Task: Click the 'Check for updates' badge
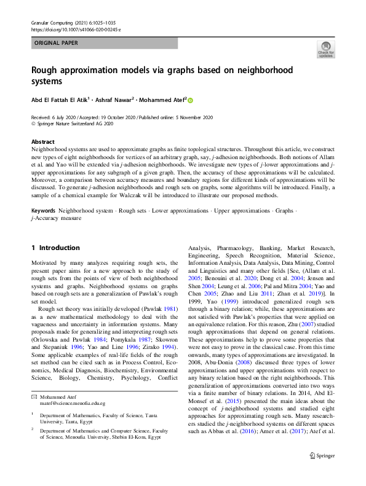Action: coord(326,49)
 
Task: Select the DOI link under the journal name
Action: coord(75,29)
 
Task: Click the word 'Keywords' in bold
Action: coord(42,210)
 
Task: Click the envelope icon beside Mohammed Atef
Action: coord(34,380)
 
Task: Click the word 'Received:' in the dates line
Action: coord(42,117)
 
